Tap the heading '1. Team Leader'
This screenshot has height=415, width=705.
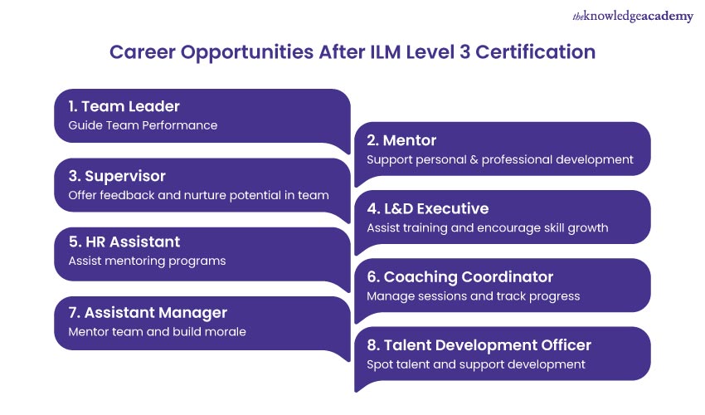[124, 106]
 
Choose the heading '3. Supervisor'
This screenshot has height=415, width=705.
[117, 176]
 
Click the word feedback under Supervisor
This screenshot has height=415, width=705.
[123, 195]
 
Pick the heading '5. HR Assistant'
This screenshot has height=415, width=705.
[124, 242]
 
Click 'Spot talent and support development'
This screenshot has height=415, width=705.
[476, 364]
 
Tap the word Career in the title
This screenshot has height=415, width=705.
[140, 52]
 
